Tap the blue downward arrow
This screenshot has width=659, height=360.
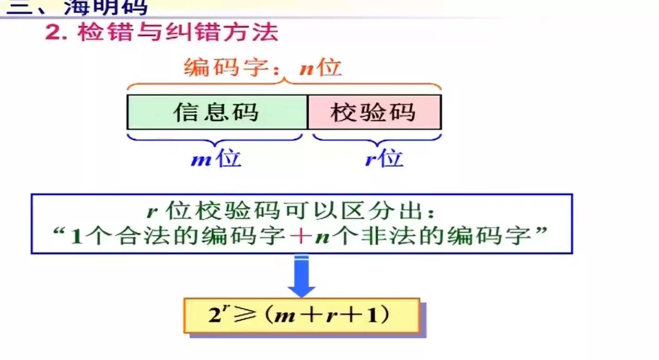click(301, 277)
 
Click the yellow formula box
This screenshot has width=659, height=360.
click(302, 316)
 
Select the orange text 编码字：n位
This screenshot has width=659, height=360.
click(263, 68)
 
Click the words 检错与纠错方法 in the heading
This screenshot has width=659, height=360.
click(178, 33)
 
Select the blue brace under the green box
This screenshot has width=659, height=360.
click(215, 138)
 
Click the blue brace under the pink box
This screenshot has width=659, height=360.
click(377, 138)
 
